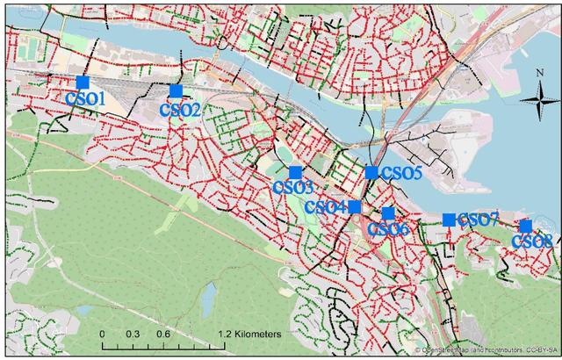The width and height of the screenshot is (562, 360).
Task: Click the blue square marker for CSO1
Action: click(x=83, y=83)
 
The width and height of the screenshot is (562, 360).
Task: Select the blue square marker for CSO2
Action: click(x=176, y=91)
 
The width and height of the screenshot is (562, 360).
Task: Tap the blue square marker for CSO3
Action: click(x=295, y=172)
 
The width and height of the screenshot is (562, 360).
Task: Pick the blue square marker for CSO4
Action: click(x=354, y=207)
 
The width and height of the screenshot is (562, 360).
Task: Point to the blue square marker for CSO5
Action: click(x=371, y=172)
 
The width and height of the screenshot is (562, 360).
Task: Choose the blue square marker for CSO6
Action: click(x=388, y=213)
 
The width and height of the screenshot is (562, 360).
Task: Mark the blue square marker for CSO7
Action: click(x=449, y=220)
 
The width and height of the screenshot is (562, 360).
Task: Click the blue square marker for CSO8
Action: click(x=525, y=226)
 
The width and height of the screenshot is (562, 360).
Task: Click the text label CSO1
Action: click(x=85, y=99)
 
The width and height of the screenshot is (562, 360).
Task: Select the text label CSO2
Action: click(x=180, y=110)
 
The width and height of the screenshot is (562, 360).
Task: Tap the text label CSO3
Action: click(x=293, y=186)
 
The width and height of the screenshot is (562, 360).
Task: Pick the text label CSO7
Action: click(x=479, y=219)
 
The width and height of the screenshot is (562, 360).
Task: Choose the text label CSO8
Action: click(x=531, y=241)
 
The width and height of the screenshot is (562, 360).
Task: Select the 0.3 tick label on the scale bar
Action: click(x=133, y=335)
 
